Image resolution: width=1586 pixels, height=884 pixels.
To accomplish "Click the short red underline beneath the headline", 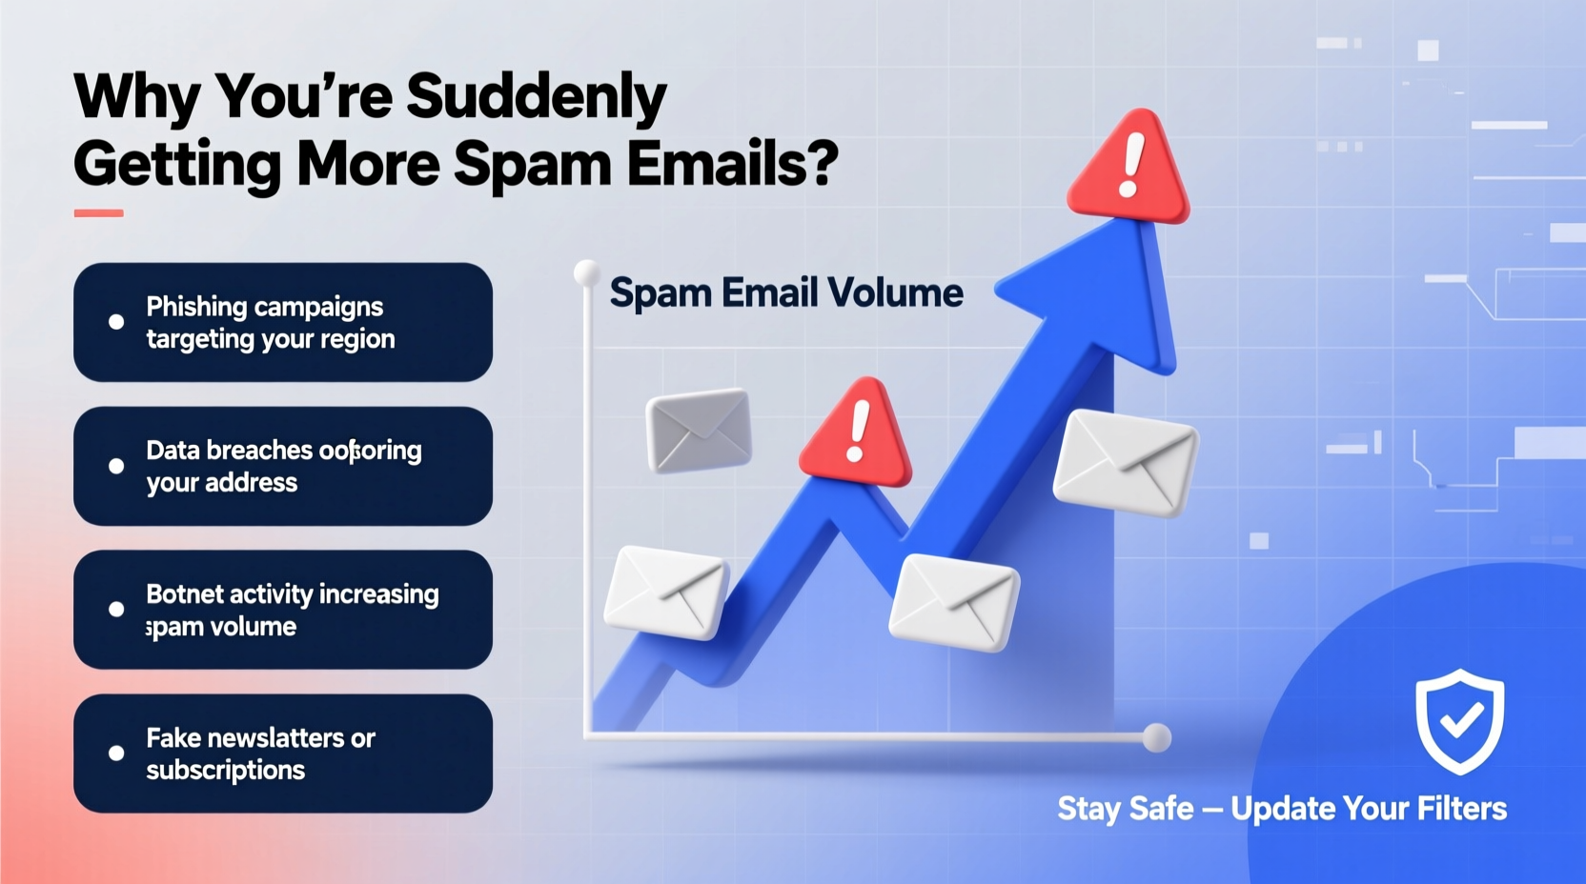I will pos(98,213).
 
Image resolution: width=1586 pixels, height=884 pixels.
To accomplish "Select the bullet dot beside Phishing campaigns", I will pos(116,322).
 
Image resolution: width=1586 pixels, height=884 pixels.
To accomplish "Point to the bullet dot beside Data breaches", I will pos(116,466).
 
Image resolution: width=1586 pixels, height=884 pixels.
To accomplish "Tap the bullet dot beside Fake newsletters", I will pos(116,753).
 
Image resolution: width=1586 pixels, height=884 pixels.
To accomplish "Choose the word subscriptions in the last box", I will pos(226,771).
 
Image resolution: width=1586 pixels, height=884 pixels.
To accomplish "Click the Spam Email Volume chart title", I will pos(786,293).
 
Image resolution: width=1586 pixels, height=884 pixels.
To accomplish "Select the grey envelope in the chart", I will pos(699,430).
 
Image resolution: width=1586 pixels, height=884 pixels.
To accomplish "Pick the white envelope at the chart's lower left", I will pos(666,593).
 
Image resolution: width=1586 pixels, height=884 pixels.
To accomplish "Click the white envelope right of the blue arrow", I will pos(1126,463).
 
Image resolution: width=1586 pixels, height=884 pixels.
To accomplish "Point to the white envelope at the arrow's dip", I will pos(954,602).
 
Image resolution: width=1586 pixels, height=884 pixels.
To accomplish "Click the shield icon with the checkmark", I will pos(1459,720).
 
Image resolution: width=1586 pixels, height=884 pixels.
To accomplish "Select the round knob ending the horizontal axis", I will pos(1156,737).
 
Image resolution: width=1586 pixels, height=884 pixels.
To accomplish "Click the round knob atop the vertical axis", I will pos(586,273).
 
